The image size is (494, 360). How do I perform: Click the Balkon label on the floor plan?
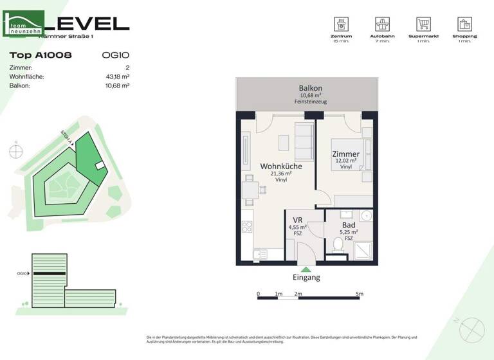[x=310, y=88]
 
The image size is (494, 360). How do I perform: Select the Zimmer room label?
[x=345, y=154]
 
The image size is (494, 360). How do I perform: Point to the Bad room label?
[x=349, y=225]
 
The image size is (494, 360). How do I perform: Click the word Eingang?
[x=306, y=278]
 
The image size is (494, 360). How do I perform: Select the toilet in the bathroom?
[x=338, y=244]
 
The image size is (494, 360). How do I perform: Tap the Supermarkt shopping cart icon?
[x=423, y=24]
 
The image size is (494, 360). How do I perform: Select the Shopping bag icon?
[x=464, y=24]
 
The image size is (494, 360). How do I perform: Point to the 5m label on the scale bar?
[x=359, y=294]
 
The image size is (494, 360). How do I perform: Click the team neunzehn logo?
[x=24, y=24]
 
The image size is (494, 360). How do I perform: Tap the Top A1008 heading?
[x=41, y=55]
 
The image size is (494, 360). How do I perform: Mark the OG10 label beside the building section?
[x=22, y=273]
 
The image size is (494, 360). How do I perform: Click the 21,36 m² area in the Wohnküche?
[x=281, y=174]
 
